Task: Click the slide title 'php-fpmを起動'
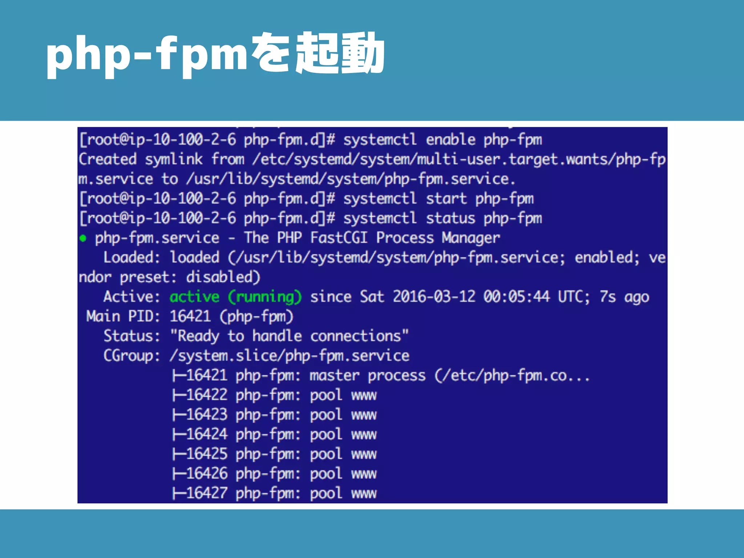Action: pos(215,54)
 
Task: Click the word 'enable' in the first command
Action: pos(450,140)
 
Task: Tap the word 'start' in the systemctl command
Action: pos(446,199)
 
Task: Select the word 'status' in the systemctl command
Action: pos(450,218)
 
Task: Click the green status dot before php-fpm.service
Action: pos(83,238)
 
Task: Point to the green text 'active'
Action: pos(194,297)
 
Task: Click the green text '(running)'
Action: pos(265,297)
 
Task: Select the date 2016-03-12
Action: pos(434,297)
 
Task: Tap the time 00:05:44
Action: pos(516,297)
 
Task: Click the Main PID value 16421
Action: pos(190,316)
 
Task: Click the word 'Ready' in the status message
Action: pos(198,336)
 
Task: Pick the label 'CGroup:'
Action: pos(132,356)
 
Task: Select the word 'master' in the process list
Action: pos(334,375)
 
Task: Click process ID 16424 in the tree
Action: pos(207,434)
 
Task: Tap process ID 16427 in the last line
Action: pos(207,493)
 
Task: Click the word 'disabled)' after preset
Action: pos(223,277)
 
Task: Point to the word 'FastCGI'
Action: pos(339,238)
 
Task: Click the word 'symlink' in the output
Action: pos(174,159)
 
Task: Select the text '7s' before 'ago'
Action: pos(607,297)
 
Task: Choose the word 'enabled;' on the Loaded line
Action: pos(607,258)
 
